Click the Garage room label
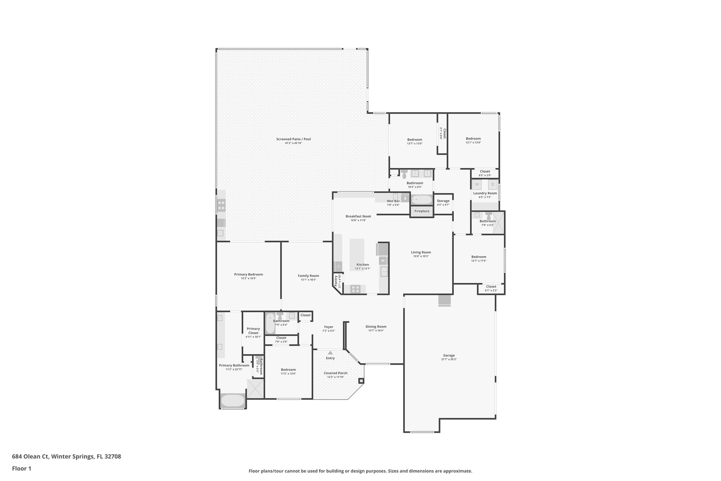tap(449, 355)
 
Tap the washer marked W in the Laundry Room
tap(477, 184)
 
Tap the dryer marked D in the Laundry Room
tap(493, 184)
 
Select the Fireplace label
tap(422, 211)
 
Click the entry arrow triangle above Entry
tap(330, 352)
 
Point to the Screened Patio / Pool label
tap(293, 139)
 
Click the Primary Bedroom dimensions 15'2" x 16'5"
tap(249, 278)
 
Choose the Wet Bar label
tap(393, 201)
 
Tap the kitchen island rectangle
tap(357, 254)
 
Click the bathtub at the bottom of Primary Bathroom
tap(232, 401)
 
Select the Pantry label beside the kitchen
tap(336, 281)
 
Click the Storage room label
tap(443, 201)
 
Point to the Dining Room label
tap(376, 327)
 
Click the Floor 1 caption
tap(21, 468)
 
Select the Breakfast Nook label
tap(358, 216)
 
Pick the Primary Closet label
tap(253, 331)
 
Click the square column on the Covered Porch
tap(361, 381)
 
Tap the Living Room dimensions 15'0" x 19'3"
tap(421, 256)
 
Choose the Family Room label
tap(308, 276)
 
